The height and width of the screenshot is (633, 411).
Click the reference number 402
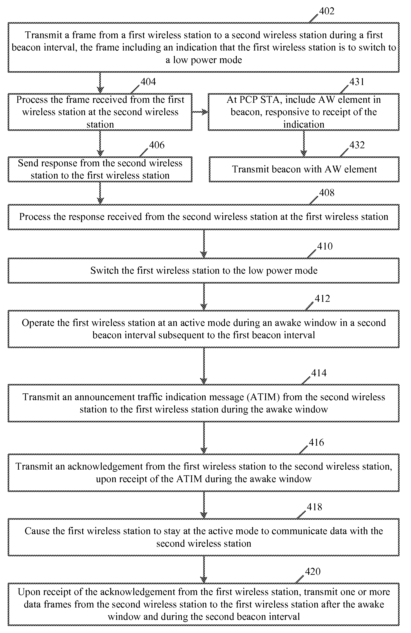pyautogui.click(x=326, y=11)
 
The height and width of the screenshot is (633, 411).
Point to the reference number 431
pyautogui.click(x=357, y=82)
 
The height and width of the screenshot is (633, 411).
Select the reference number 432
pyautogui.click(x=357, y=145)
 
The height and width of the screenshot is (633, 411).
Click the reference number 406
pyautogui.click(x=157, y=145)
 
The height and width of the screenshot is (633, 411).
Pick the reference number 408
pyautogui.click(x=327, y=193)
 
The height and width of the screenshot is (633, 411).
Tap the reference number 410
pyautogui.click(x=325, y=246)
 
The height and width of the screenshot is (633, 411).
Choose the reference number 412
pyautogui.click(x=322, y=298)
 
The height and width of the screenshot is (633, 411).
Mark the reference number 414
pyautogui.click(x=319, y=373)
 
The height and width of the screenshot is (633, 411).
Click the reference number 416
pyautogui.click(x=316, y=442)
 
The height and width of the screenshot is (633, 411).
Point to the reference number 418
pyautogui.click(x=314, y=507)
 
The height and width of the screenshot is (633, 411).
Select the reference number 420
pyautogui.click(x=313, y=572)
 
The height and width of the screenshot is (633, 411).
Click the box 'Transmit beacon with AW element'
pyautogui.click(x=304, y=169)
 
